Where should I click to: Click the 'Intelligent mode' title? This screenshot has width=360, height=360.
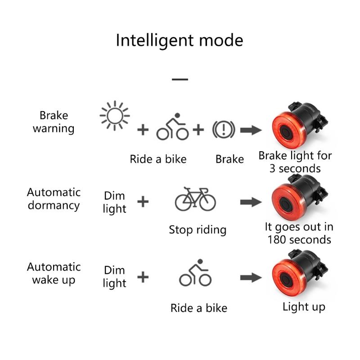point(180,41)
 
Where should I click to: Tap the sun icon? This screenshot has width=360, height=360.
point(115,116)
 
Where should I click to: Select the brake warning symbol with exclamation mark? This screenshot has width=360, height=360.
point(224,130)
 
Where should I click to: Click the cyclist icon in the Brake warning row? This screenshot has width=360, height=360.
point(173,126)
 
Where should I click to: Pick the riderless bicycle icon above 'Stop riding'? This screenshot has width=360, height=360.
point(195,199)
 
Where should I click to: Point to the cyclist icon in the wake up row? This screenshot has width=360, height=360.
point(195,273)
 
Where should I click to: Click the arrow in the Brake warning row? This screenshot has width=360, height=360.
point(251,130)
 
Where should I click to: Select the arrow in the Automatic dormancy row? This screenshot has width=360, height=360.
point(251,202)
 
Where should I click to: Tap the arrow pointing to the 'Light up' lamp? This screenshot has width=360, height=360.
point(251,278)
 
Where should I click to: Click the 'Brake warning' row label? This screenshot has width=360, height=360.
point(54,122)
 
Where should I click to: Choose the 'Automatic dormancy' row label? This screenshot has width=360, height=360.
point(54,199)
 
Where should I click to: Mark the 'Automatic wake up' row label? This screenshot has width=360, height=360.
point(54,274)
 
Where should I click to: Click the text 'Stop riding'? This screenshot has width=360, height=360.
point(198,230)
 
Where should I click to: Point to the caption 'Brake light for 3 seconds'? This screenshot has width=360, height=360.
point(295,162)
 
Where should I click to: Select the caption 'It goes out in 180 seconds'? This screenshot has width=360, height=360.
point(299,233)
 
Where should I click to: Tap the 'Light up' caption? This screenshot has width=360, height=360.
point(304,307)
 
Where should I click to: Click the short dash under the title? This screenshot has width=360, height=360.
point(180,80)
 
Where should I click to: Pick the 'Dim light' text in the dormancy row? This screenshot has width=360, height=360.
point(114,202)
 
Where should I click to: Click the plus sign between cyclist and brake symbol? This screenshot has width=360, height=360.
point(198,130)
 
